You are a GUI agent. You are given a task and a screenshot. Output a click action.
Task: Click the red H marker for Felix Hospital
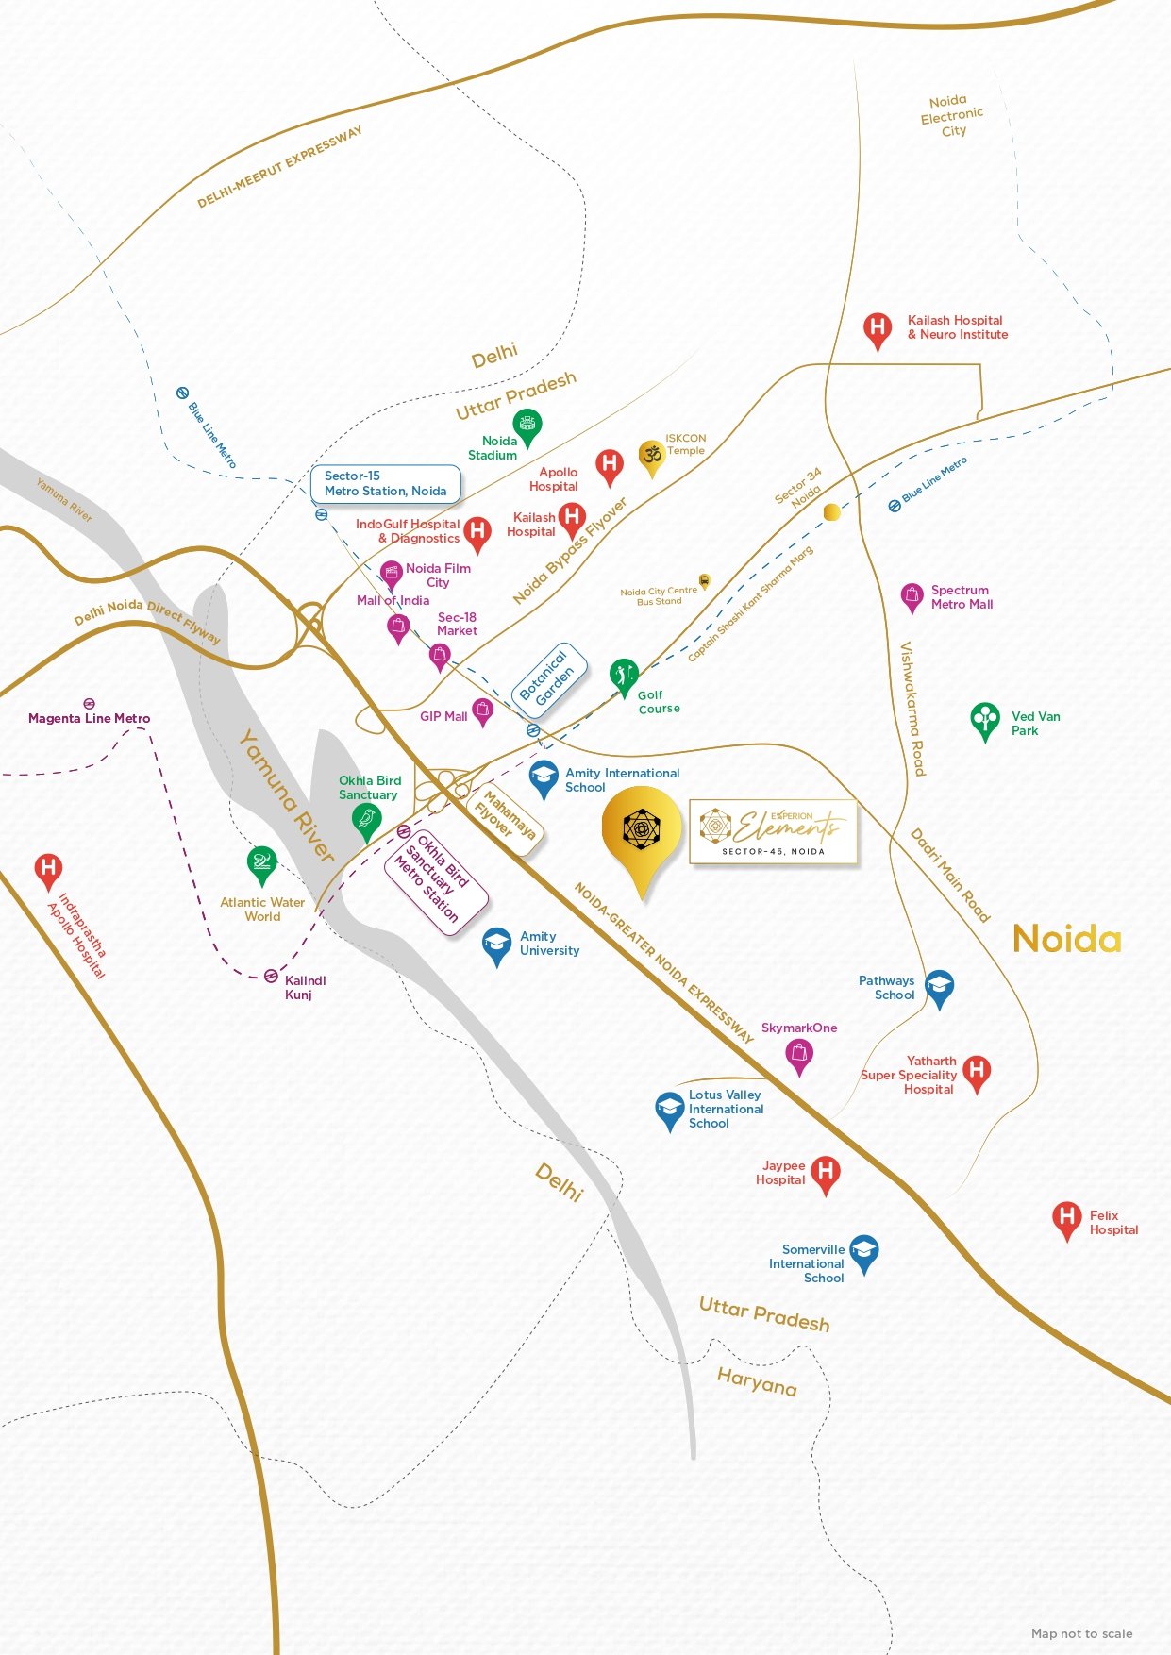[1066, 1218]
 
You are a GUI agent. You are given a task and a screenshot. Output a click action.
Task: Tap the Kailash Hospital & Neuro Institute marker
[878, 329]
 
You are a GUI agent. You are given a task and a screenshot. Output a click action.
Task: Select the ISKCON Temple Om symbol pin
[651, 457]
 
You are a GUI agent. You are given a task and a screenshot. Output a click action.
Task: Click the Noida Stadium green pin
[527, 426]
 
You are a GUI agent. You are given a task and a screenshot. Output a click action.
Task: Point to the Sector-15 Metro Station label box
[385, 484]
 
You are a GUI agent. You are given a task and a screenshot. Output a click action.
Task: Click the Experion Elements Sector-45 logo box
[774, 831]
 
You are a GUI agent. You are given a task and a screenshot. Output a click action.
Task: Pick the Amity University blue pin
[496, 945]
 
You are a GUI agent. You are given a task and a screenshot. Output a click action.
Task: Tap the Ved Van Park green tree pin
[985, 720]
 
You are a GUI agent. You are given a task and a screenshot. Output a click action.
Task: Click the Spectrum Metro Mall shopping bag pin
[911, 596]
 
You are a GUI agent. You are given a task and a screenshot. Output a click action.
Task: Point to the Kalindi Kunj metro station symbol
[271, 976]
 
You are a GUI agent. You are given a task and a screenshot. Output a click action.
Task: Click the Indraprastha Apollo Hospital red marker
[48, 869]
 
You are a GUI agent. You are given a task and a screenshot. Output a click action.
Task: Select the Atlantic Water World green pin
[261, 863]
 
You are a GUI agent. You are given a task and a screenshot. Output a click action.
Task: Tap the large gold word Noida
[1066, 939]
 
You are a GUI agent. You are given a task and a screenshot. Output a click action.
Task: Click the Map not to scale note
[1081, 1633]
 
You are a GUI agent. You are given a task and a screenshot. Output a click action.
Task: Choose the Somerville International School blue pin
[863, 1252]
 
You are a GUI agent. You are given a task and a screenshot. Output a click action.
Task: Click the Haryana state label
[757, 1382]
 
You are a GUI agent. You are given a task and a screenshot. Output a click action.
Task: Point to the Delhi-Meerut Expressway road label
[279, 167]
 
